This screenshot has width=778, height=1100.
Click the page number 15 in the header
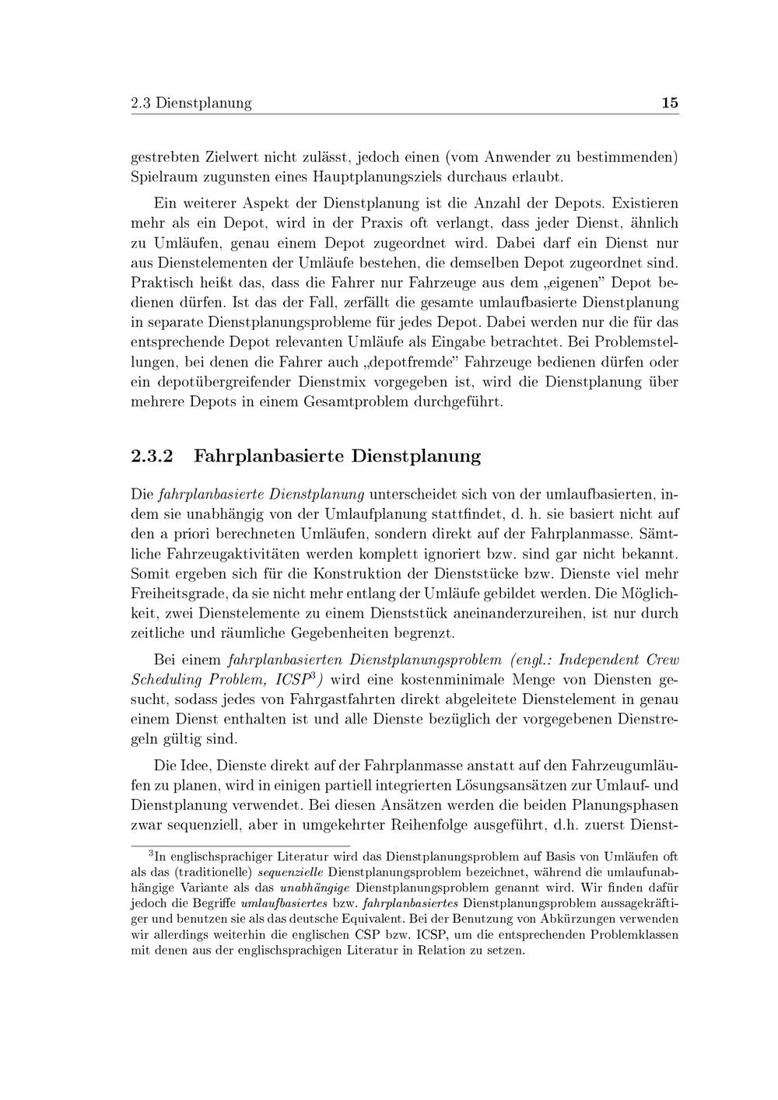click(670, 103)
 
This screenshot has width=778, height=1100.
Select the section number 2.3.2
click(151, 456)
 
